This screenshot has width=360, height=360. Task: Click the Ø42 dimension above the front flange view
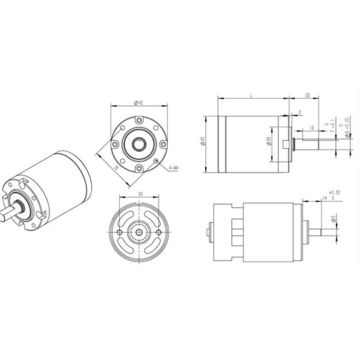pyautogui.click(x=139, y=103)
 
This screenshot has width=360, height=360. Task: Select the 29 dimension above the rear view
pyautogui.click(x=139, y=194)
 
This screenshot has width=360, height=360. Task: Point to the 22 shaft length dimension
pyautogui.click(x=307, y=95)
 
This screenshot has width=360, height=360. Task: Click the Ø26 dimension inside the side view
pyautogui.click(x=267, y=142)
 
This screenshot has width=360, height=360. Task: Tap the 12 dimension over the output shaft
pyautogui.click(x=311, y=128)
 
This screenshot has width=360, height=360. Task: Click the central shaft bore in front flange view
pyautogui.click(x=139, y=144)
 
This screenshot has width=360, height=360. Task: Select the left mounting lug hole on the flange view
pyautogui.click(x=114, y=144)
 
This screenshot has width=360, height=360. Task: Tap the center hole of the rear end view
pyautogui.click(x=139, y=231)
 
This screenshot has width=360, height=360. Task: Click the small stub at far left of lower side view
pyautogui.click(x=209, y=231)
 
